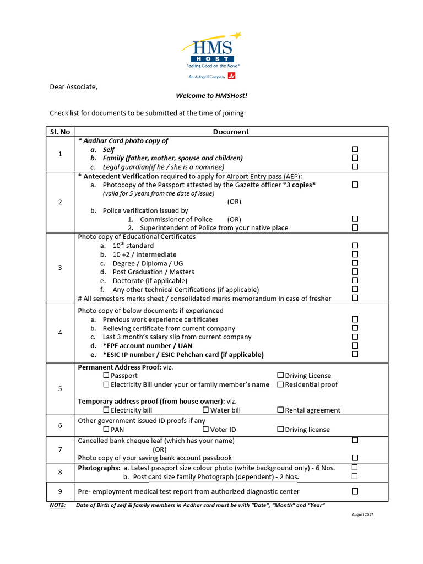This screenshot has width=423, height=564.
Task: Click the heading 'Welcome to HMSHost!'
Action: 211,96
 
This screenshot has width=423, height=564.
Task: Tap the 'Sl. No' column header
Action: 60,132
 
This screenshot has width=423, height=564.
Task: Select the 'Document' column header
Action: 231,132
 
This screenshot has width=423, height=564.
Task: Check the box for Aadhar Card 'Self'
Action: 355,149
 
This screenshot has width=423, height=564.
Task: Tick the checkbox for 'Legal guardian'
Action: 355,166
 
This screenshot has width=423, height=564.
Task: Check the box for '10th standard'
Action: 355,246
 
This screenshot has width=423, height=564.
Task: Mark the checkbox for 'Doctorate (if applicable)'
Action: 355,280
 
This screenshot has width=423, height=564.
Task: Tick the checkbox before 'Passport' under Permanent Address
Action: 106,376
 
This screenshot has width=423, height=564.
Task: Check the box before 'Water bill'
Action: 205,410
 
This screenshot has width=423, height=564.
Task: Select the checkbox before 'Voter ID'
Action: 205,429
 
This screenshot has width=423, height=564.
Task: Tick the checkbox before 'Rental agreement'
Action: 280,410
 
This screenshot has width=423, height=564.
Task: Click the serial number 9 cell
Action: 60,491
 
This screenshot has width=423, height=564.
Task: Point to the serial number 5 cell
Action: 60,389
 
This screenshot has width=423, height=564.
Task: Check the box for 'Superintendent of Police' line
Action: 355,227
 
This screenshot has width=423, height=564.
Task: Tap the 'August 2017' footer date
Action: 362,514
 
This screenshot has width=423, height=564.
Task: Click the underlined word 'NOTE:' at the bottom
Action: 57,505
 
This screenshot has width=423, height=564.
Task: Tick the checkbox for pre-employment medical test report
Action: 355,491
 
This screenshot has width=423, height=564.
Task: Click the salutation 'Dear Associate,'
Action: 74,86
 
